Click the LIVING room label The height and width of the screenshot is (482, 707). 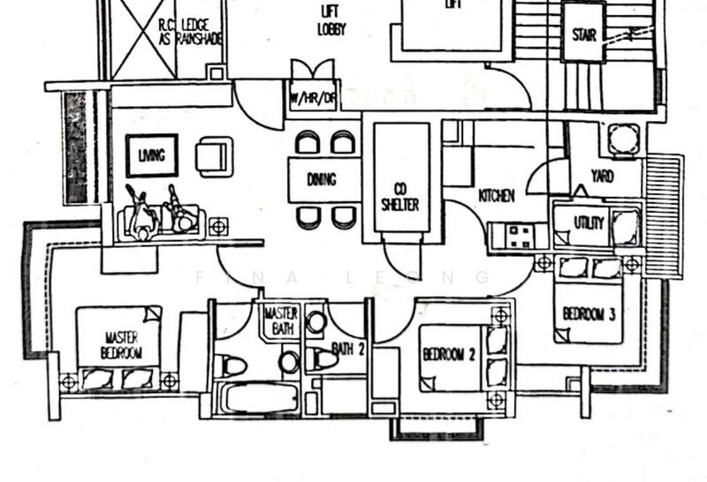[x=151, y=156]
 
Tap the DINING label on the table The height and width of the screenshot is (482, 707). [x=322, y=179]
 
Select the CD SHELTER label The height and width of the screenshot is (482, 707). [x=400, y=197]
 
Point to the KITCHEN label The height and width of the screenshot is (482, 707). [x=497, y=195]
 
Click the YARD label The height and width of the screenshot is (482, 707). [x=603, y=177]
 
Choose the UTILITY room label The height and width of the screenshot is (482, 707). [x=589, y=222]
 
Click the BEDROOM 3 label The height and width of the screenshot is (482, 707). [x=589, y=313]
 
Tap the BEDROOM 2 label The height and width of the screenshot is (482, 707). [x=449, y=355]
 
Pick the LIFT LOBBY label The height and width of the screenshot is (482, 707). [x=331, y=20]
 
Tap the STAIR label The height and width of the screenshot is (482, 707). [x=584, y=35]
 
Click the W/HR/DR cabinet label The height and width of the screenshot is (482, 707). [x=313, y=97]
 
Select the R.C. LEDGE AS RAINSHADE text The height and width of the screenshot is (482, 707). [x=190, y=32]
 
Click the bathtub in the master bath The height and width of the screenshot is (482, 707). [x=259, y=397]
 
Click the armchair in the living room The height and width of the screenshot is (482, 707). [x=215, y=156]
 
